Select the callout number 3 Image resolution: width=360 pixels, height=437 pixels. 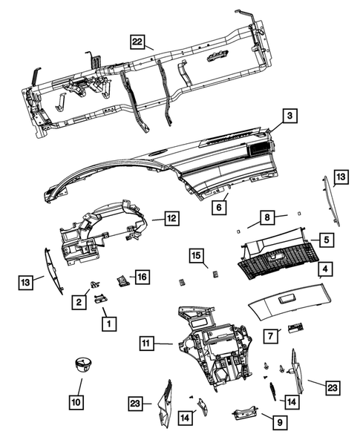[290, 116]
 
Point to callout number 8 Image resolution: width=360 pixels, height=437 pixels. [265, 218]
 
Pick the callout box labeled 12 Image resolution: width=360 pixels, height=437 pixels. [171, 218]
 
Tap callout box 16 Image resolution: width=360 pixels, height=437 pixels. [141, 277]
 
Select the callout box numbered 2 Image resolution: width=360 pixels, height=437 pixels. [76, 301]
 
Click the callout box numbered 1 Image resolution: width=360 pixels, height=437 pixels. [108, 324]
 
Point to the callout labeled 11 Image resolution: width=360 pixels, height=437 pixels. [147, 343]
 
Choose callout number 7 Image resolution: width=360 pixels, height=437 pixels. [272, 336]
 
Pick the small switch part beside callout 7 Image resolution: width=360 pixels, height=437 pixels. [295, 327]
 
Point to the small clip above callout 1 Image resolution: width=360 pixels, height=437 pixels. [101, 298]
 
